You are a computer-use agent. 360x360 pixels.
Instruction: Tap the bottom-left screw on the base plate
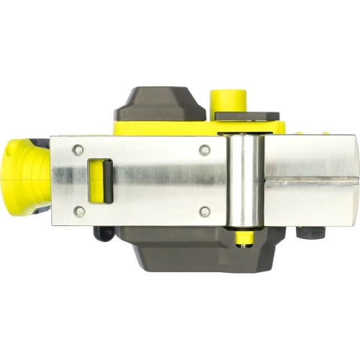[x=79, y=211]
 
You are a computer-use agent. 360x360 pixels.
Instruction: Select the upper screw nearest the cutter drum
[x=205, y=150]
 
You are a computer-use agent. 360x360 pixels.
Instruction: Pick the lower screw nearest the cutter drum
[x=205, y=211]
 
